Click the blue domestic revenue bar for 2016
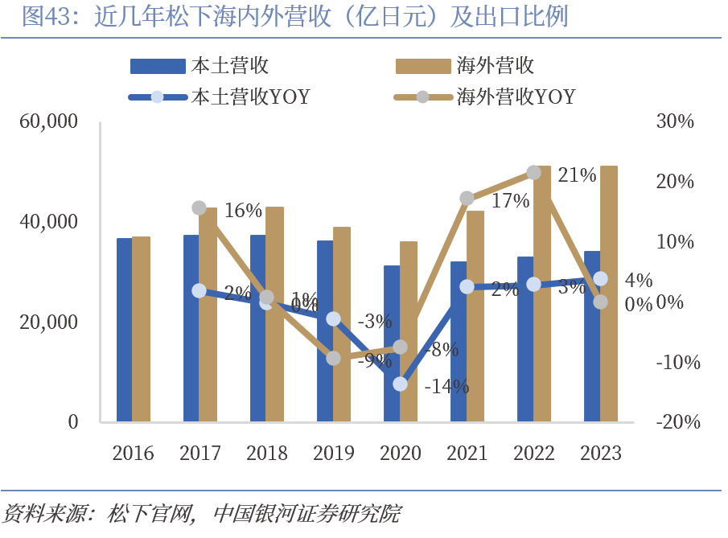[x=124, y=330]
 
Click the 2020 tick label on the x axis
[x=401, y=453]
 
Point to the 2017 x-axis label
[x=200, y=453]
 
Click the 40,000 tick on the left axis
[x=49, y=222]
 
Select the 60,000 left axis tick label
[x=49, y=122]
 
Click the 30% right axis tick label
[x=675, y=122]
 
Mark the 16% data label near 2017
[x=243, y=211]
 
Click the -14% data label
[x=446, y=387]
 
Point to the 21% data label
[x=577, y=175]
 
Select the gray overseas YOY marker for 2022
[x=533, y=172]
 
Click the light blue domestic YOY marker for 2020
[x=401, y=384]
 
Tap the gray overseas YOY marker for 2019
[x=334, y=358]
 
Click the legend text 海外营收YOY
[x=516, y=97]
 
